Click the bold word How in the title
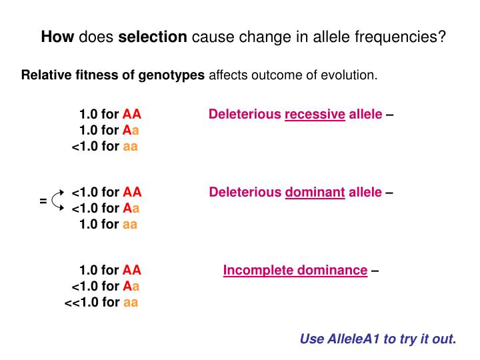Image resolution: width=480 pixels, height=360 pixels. pyautogui.click(x=58, y=37)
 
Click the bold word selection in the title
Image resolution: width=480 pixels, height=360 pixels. pyautogui.click(x=153, y=37)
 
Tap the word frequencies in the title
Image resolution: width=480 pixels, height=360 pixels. pyautogui.click(x=404, y=37)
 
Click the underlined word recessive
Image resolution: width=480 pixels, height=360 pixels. pyautogui.click(x=315, y=114)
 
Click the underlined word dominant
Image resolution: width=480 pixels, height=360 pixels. pyautogui.click(x=315, y=193)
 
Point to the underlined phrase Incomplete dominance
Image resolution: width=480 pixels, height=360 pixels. pyautogui.click(x=295, y=270)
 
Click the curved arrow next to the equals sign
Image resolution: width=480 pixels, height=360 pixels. pyautogui.click(x=58, y=199)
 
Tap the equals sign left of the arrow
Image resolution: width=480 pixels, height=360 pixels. pyautogui.click(x=43, y=200)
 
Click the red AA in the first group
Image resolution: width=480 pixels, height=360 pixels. pyautogui.click(x=132, y=114)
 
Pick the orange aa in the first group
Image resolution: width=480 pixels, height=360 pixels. pyautogui.click(x=130, y=146)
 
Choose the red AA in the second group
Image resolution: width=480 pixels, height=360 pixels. pyautogui.click(x=133, y=193)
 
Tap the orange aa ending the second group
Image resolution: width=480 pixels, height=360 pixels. pyautogui.click(x=130, y=225)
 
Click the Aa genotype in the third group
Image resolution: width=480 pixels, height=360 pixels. pyautogui.click(x=131, y=286)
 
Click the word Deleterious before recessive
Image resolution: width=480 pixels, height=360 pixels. pyautogui.click(x=245, y=114)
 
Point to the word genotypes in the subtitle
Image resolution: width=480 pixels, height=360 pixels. pyautogui.click(x=171, y=75)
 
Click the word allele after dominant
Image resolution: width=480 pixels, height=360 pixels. pyautogui.click(x=365, y=193)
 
